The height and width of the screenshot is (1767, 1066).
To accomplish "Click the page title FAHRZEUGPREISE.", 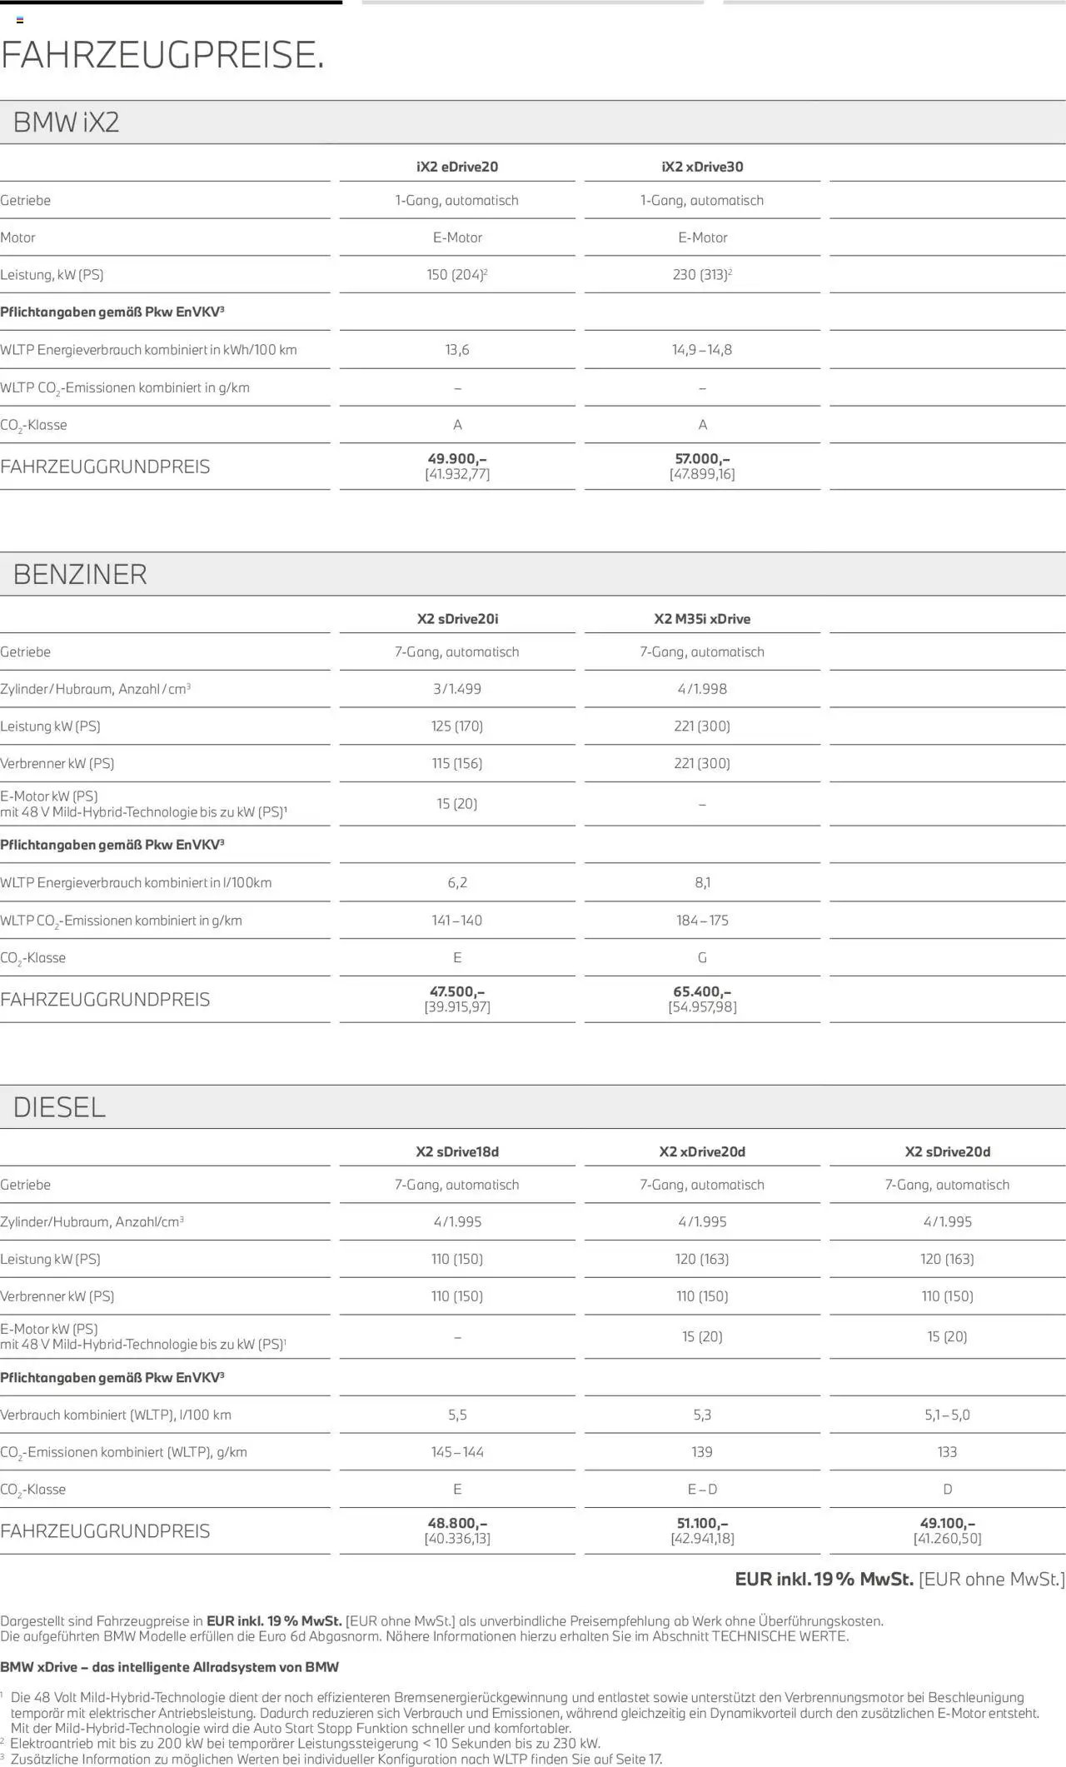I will (x=162, y=55).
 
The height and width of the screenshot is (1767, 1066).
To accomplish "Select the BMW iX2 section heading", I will (x=67, y=123).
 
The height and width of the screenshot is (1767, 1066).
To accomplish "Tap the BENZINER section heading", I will (x=80, y=575).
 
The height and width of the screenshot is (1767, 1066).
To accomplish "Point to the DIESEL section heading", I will (x=59, y=1107).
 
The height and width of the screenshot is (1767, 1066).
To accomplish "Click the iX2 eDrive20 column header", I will (x=457, y=167).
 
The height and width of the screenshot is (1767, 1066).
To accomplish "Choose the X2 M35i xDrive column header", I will (x=702, y=619).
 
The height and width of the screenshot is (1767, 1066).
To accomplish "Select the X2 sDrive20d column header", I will (x=947, y=1151).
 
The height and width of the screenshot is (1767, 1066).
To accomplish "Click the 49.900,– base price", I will (x=457, y=459).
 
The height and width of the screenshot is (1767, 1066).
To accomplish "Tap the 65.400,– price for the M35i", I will (x=702, y=991).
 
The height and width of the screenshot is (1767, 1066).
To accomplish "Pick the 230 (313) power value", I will (x=702, y=275).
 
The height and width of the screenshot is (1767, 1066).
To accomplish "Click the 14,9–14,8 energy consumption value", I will (x=702, y=350).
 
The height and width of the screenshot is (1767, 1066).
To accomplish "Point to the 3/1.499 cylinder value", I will (x=457, y=689).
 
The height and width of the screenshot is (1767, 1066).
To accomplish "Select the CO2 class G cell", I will (x=702, y=958).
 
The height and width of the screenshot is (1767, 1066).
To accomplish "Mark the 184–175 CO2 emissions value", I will (x=702, y=921).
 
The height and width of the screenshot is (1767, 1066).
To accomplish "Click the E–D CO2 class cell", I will (x=702, y=1489).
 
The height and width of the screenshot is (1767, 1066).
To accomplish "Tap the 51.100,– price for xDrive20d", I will (x=702, y=1523).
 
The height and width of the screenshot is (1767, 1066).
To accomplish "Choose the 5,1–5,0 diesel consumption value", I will (x=947, y=1415).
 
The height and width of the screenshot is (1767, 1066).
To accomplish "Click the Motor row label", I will (x=18, y=238).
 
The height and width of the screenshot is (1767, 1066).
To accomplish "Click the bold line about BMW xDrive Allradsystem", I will (x=170, y=1667).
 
